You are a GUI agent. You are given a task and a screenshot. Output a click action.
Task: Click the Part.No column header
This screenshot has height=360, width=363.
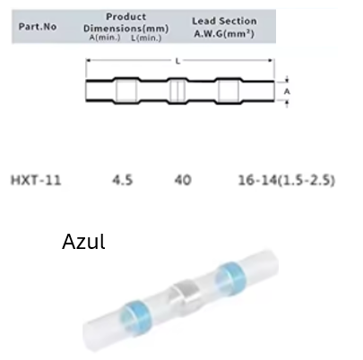coord(38,27)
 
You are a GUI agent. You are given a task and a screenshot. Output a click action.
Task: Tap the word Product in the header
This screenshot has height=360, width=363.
coord(126,16)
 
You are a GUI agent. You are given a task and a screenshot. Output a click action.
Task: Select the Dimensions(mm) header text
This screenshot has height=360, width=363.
coord(126,29)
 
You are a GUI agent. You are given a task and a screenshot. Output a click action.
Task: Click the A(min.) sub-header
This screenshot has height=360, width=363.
coord(105,38)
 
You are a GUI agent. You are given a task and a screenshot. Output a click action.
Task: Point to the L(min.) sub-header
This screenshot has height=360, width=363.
coord(146,38)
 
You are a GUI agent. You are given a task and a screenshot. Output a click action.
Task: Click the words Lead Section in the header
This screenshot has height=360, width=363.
coord(224,21)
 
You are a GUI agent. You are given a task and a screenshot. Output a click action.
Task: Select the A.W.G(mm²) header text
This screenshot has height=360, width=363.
coord(224,33)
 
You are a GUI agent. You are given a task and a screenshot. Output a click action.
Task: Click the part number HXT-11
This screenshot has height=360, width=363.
coord(36,180)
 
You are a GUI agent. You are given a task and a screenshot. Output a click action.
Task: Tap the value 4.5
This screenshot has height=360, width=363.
coord(123,180)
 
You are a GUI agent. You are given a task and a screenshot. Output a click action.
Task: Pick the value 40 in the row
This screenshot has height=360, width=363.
coord(183,180)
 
